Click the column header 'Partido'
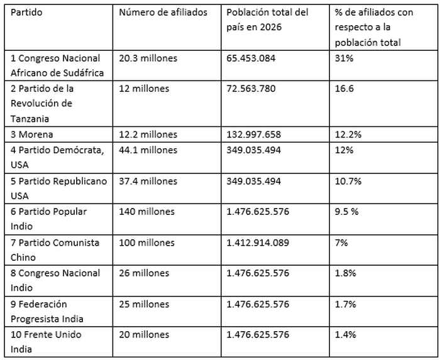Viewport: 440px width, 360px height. point(26,13)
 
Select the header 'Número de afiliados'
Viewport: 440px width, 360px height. point(163,13)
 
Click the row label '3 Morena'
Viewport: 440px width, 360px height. point(33,134)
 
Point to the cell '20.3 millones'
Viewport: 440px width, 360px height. point(148,58)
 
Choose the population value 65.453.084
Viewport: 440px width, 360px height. point(251,58)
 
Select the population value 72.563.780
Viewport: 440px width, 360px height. point(251,89)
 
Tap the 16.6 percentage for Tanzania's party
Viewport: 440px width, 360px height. point(346,89)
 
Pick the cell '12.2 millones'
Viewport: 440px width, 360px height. point(148,134)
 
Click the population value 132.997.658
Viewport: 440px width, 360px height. point(253,134)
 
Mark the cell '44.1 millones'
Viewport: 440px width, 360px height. point(148,150)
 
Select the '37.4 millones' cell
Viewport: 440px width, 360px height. point(148,181)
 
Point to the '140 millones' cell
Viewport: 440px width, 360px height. point(146,212)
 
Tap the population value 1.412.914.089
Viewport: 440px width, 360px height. point(258,243)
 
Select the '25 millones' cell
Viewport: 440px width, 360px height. point(144,304)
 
